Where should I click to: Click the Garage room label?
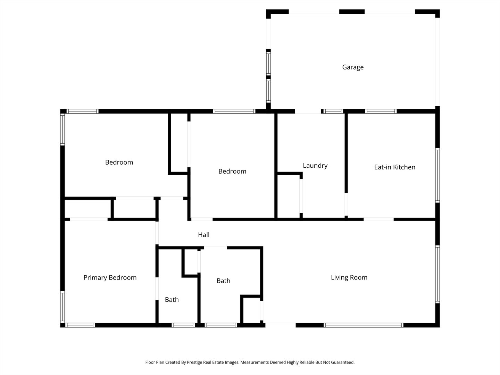tap(353, 67)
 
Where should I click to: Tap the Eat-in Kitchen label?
tap(394, 167)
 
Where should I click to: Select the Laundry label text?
tap(315, 166)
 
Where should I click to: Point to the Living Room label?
tap(349, 277)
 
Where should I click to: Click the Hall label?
tap(203, 235)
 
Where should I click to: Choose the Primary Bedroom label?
tap(110, 278)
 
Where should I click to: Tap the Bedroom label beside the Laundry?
tap(232, 172)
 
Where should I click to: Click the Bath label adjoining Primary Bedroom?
tap(172, 300)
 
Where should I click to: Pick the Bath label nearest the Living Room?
tap(223, 281)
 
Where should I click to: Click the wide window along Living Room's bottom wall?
tap(363, 325)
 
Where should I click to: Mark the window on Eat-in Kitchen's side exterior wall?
tap(437, 175)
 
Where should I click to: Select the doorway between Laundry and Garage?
tap(308, 112)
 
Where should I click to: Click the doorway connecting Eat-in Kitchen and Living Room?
tap(378, 219)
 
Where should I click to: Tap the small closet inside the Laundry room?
tap(288, 196)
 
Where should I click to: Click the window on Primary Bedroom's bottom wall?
tap(80, 325)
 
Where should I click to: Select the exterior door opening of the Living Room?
tap(281, 325)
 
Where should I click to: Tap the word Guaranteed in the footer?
tap(342, 362)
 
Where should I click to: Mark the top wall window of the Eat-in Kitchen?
tap(381, 111)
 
